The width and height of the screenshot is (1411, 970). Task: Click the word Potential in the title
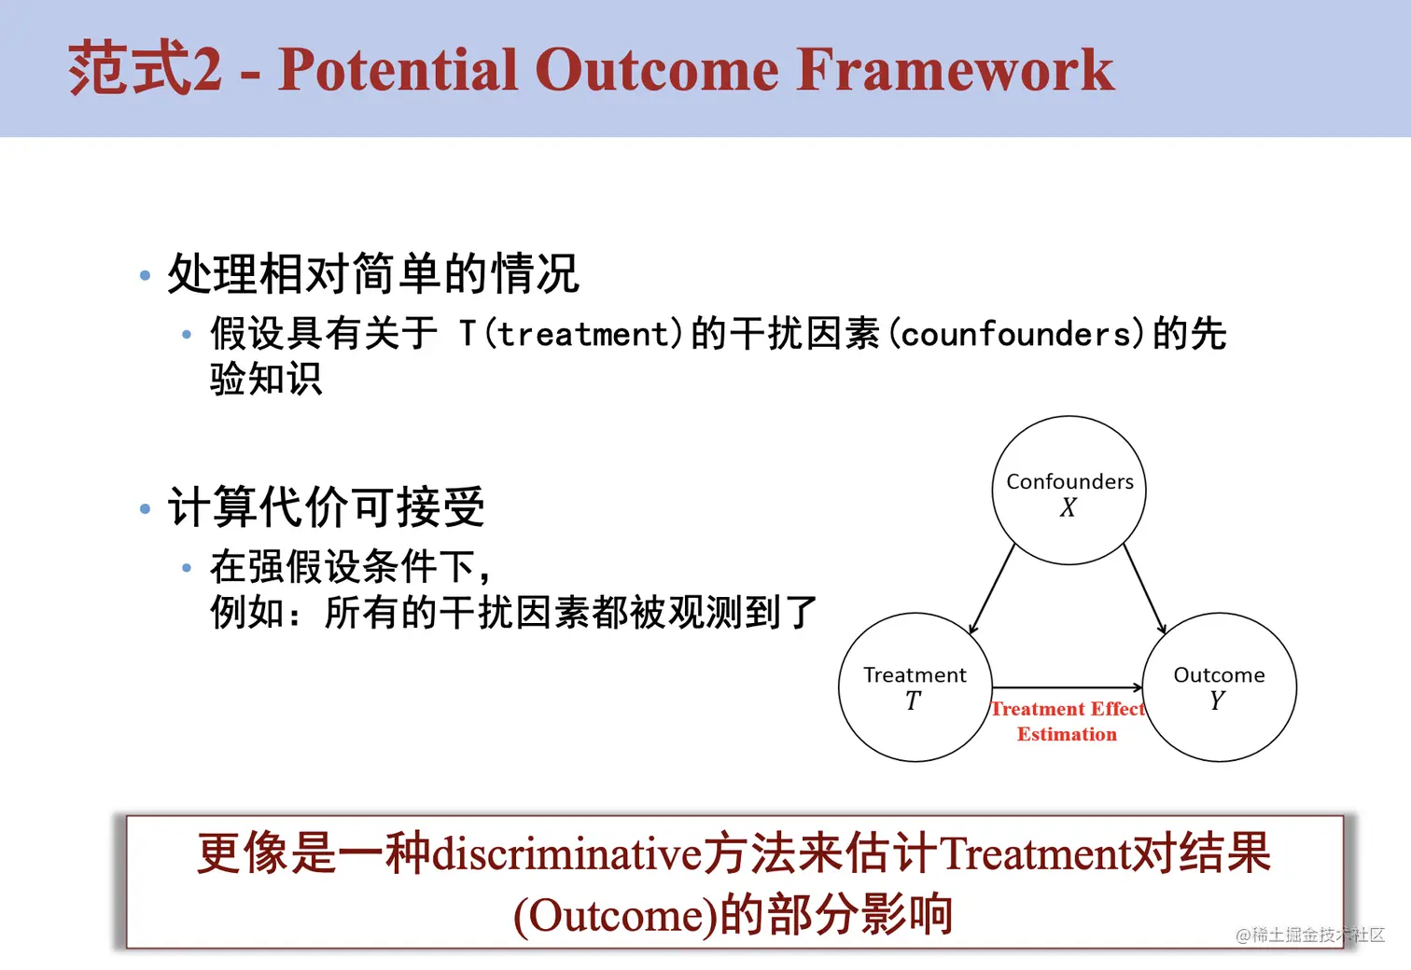pos(398,69)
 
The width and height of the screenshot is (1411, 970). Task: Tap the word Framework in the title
pos(955,69)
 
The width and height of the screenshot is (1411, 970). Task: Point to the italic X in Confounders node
pos(1069,507)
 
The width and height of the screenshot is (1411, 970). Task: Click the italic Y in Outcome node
pos(1218,700)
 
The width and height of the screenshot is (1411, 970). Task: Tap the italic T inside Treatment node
pos(914,700)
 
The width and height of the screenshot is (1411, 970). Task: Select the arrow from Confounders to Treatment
pos(992,589)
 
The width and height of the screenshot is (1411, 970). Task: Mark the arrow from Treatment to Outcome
pos(1068,687)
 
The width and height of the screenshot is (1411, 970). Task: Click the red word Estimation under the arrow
pos(1067,734)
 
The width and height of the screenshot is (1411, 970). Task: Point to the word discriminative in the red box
pos(567,854)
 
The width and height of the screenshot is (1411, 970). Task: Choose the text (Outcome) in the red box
pos(615,916)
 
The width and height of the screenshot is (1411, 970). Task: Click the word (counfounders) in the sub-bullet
pos(1017,334)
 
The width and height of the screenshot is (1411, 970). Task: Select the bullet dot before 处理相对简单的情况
pos(145,275)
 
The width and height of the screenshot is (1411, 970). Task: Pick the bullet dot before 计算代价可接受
pos(145,508)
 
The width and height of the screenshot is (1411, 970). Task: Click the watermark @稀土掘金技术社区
pos(1310,935)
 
